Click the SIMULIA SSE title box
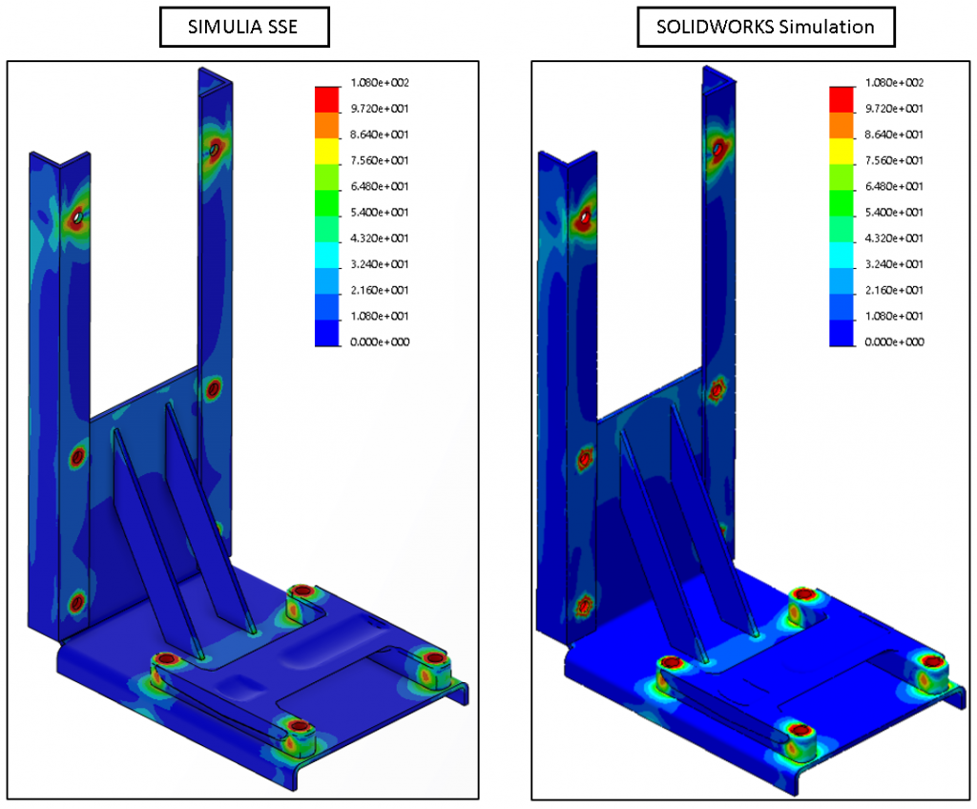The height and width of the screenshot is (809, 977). tap(244, 27)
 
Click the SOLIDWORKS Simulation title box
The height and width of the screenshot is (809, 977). tap(765, 27)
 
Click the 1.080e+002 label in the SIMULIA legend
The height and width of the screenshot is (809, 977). tap(380, 84)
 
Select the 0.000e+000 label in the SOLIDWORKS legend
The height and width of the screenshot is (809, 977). tap(894, 342)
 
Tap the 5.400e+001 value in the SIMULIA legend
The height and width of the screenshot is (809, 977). tap(380, 213)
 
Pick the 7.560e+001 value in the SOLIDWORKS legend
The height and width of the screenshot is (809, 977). tap(894, 161)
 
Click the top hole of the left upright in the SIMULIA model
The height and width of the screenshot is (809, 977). tap(75, 219)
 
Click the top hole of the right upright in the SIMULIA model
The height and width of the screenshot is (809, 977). tap(215, 149)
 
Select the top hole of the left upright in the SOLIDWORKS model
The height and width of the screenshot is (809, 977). tap(581, 218)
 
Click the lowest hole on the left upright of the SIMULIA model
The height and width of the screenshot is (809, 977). tap(76, 602)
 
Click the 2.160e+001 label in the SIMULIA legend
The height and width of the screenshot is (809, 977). tap(380, 290)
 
